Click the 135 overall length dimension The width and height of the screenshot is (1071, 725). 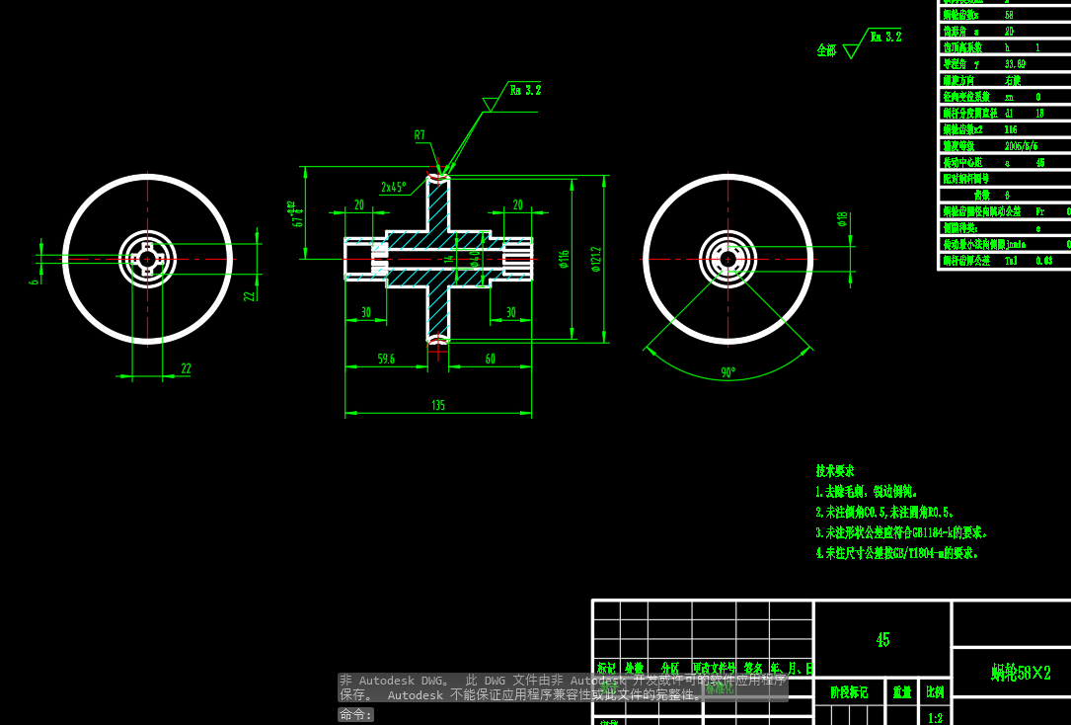437,405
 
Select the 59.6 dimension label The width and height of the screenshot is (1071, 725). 385,360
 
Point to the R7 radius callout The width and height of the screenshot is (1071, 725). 420,135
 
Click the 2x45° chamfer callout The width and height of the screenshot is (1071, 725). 393,187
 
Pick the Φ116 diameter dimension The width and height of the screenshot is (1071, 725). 564,259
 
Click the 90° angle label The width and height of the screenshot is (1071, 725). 727,373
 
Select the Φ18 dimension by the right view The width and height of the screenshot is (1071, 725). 842,218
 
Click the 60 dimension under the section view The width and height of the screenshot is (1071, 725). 490,360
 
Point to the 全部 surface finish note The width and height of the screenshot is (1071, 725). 826,50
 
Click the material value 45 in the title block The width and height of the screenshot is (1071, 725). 882,640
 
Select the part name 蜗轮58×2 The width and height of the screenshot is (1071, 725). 1021,673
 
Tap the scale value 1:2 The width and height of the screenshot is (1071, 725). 934,718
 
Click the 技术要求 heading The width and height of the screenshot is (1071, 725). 835,471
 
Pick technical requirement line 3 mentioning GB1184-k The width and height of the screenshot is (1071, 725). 901,532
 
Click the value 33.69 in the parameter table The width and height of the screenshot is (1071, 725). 1015,64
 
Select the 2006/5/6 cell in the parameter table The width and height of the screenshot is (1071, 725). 1021,146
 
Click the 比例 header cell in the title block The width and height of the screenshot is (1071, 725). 934,692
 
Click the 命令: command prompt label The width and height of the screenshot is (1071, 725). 356,714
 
